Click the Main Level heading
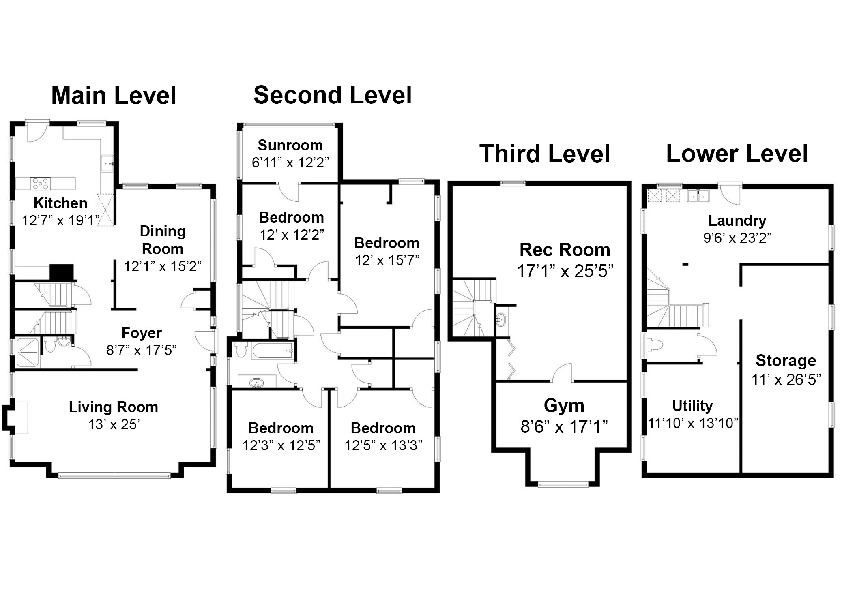(114, 96)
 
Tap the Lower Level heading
(737, 154)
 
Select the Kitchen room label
(60, 203)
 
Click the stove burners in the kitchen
(40, 184)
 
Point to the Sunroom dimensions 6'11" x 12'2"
(290, 163)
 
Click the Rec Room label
(565, 250)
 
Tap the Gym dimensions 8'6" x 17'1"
(564, 426)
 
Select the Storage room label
(786, 360)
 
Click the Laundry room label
(737, 221)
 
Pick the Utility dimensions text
(693, 423)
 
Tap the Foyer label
(142, 333)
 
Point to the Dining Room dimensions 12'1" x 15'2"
(163, 266)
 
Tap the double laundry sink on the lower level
(698, 196)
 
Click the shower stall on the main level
(28, 352)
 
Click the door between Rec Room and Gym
(562, 372)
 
